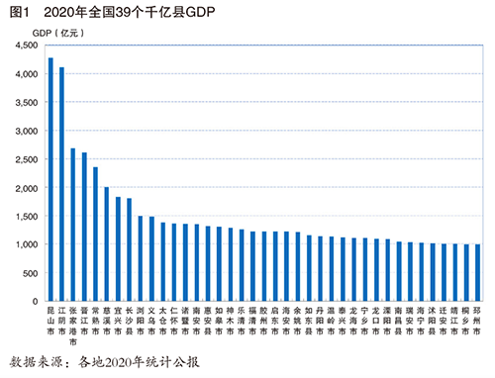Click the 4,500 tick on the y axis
(27, 46)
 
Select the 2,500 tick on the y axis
(27, 159)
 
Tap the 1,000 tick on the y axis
(27, 244)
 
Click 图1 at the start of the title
(14, 11)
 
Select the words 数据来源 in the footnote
(33, 361)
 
